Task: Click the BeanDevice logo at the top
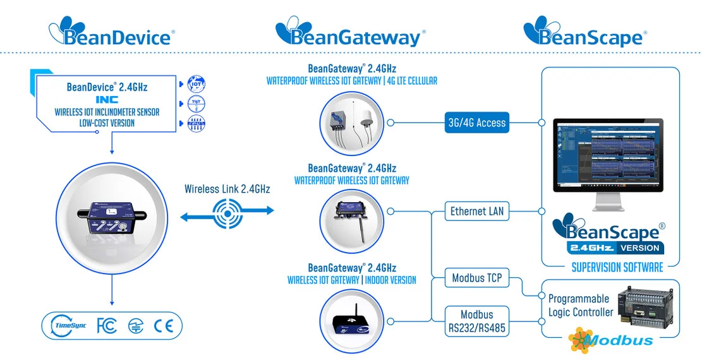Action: (113, 32)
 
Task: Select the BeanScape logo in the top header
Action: (583, 32)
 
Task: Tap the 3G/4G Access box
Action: (477, 123)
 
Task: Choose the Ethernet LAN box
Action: (477, 211)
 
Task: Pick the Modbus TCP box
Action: (477, 278)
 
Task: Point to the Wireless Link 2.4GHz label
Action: (227, 189)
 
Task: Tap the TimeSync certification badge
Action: (68, 326)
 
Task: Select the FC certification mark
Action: (106, 326)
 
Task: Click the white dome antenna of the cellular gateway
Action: (365, 119)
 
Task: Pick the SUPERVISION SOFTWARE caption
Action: (617, 268)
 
